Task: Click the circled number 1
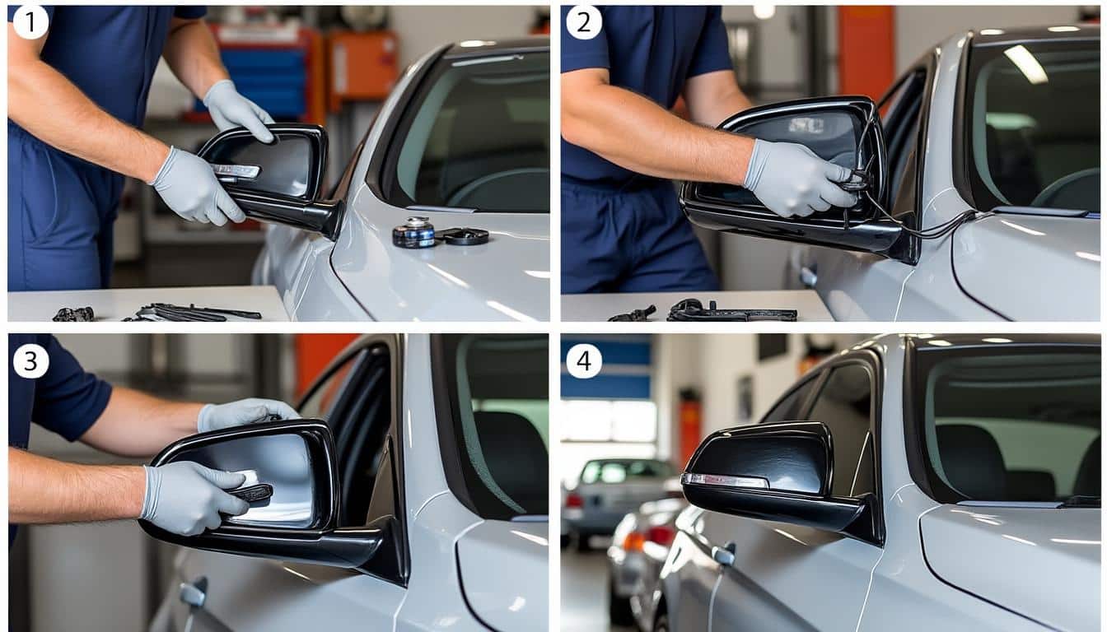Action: pos(30,22)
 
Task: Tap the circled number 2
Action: pos(584,22)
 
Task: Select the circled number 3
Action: pos(30,361)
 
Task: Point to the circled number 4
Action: pos(584,361)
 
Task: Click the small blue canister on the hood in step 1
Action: pos(413,233)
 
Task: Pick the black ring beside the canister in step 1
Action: pos(465,236)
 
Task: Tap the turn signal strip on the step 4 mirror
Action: pos(725,481)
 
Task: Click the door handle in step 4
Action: pos(723,555)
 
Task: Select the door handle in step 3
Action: pos(193,594)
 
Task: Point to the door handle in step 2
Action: pos(809,276)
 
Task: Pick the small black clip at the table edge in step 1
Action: pos(73,314)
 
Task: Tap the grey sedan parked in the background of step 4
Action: pos(614,494)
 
